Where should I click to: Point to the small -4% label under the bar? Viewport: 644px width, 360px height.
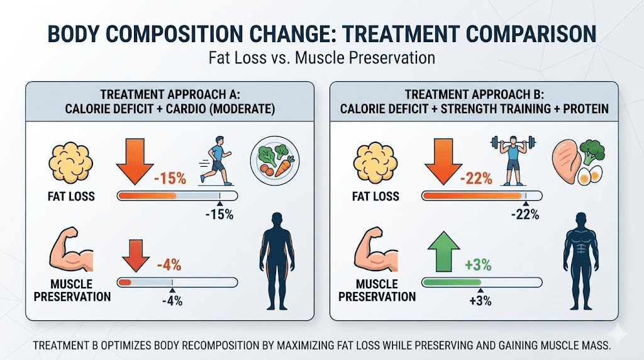[170, 300]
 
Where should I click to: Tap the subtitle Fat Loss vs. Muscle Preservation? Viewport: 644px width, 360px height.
[321, 57]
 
